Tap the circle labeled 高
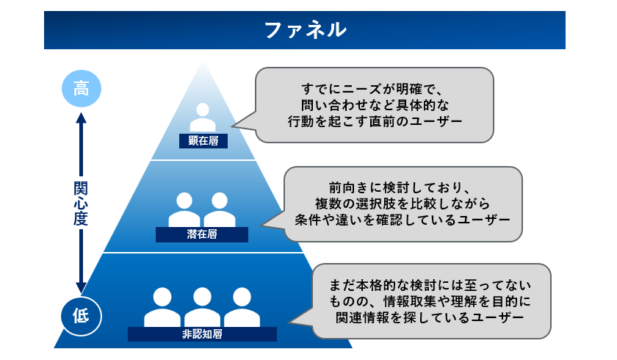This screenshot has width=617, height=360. click(x=81, y=90)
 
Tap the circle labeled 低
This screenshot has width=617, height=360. click(x=81, y=314)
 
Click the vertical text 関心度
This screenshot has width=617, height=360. click(x=81, y=202)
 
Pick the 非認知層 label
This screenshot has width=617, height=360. click(x=202, y=334)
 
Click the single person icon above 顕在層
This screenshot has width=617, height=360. click(x=203, y=118)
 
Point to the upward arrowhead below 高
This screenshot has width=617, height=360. click(x=81, y=118)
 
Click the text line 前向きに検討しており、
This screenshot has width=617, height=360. click(x=403, y=187)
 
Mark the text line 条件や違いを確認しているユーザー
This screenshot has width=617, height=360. click(x=403, y=220)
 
